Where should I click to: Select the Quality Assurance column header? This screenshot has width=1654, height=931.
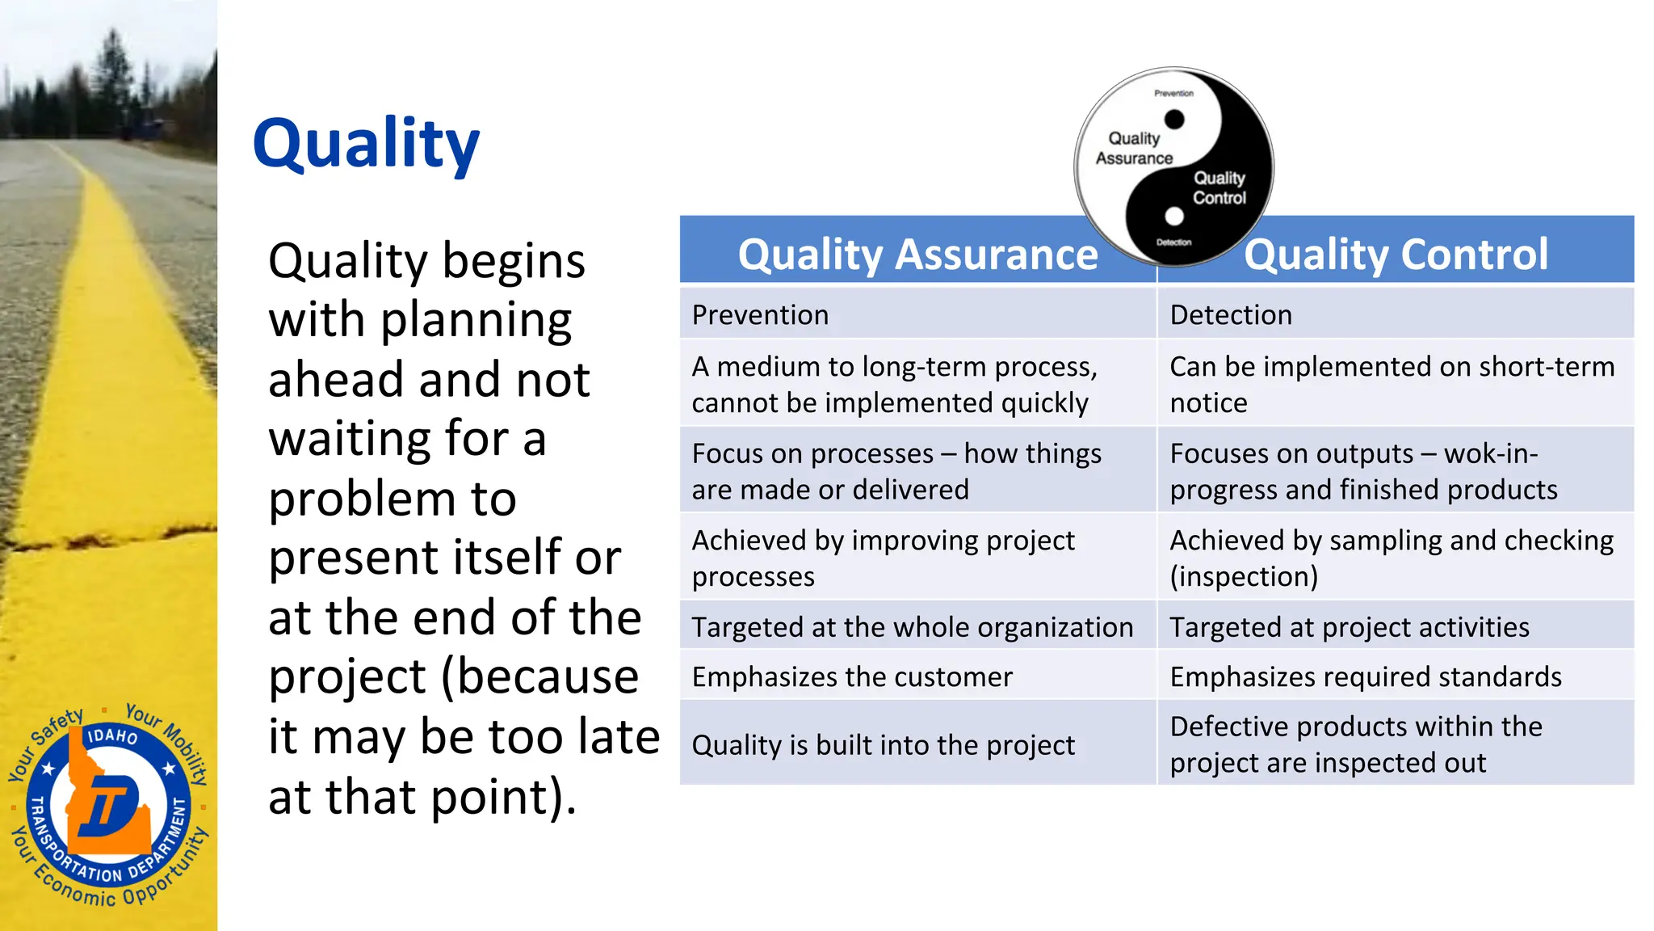pos(917,254)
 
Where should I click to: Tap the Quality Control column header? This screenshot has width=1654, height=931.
pos(1396,254)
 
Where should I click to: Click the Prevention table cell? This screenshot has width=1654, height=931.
pos(760,314)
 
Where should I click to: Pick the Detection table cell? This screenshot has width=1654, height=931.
pos(1230,314)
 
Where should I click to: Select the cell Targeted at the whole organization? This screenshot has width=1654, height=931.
pos(912,627)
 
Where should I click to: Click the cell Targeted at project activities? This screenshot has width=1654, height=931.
pos(1349,627)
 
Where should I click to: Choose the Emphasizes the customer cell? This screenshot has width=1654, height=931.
pos(851,676)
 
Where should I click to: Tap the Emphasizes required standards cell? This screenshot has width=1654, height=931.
pos(1365,676)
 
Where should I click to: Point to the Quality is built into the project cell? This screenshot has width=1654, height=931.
pos(883,744)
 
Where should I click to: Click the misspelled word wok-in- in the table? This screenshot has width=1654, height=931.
pos(1490,453)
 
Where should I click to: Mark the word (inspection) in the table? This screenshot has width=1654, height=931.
pos(1243,576)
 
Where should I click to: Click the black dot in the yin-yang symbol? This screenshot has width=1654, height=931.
pos(1174,120)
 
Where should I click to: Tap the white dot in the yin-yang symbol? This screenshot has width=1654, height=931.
pos(1174,216)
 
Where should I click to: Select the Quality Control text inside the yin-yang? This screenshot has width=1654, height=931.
pos(1219,187)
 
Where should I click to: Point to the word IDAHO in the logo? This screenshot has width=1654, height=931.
pos(111,736)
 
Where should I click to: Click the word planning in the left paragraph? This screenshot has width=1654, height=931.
pos(476,320)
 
